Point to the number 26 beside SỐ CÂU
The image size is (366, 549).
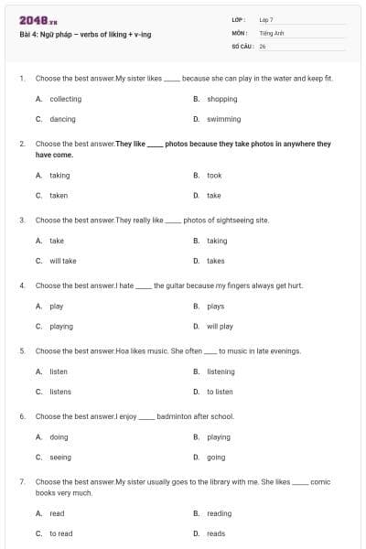click(263, 45)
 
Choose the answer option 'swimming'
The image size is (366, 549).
click(223, 119)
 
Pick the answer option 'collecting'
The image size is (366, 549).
click(65, 99)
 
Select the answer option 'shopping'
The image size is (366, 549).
click(221, 99)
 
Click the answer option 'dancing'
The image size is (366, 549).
click(62, 119)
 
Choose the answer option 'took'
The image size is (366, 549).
click(214, 175)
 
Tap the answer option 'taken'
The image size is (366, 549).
click(59, 195)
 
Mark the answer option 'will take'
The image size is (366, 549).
click(62, 261)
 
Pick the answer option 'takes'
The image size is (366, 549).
click(216, 261)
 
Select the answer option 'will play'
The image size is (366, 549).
click(220, 326)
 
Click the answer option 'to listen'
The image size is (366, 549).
click(220, 392)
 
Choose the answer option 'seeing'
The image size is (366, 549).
click(59, 457)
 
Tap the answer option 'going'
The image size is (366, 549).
click(216, 457)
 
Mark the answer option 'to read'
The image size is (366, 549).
click(60, 533)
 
